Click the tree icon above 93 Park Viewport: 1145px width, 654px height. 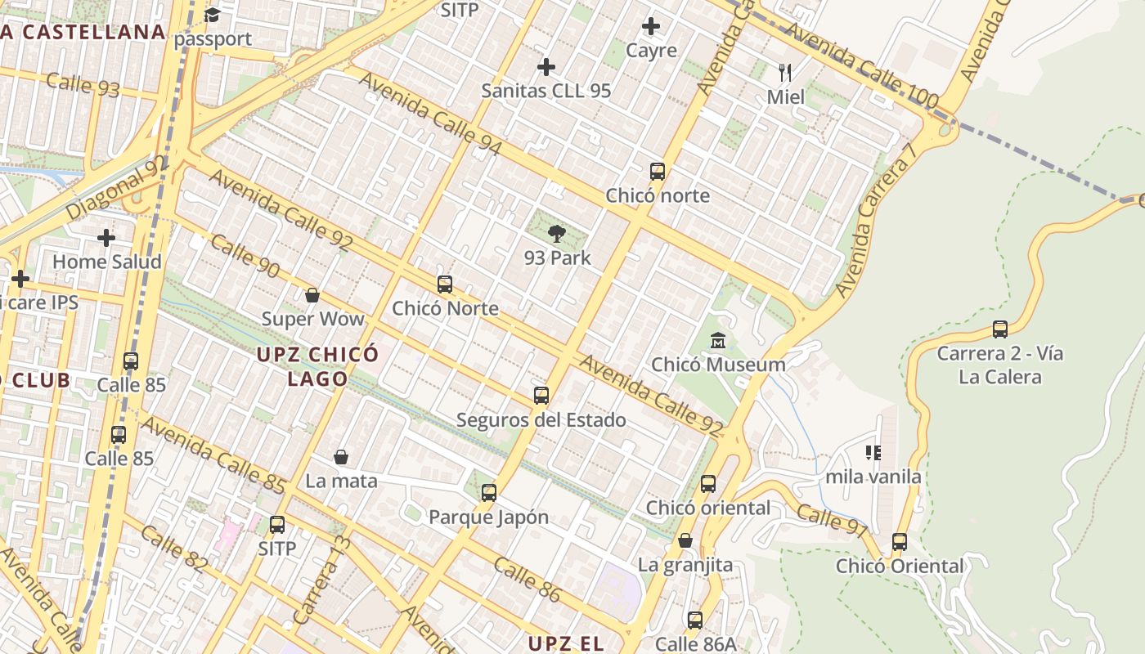point(557,234)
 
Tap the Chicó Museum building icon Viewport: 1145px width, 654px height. point(718,340)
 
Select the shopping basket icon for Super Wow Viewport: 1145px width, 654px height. point(312,295)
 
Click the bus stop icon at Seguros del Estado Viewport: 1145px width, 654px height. point(541,396)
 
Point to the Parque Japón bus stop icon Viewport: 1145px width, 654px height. point(489,493)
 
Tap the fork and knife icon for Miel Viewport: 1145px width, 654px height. point(785,73)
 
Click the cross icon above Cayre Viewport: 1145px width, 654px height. point(651,26)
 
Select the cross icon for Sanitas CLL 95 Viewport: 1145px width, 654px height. point(546,66)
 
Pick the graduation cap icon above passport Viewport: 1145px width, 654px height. point(213,15)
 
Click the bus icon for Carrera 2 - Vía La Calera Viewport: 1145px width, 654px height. point(999,329)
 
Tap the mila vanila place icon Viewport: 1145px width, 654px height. point(873,452)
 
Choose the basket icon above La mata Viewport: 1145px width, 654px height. point(341,457)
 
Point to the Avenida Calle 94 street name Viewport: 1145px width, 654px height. point(430,114)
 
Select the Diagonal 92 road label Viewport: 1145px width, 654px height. point(116,187)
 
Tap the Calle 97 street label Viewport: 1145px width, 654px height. point(831,521)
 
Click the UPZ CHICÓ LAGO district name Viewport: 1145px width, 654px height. point(317,366)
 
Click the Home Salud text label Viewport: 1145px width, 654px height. point(107,262)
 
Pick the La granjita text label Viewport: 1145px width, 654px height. point(685,565)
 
